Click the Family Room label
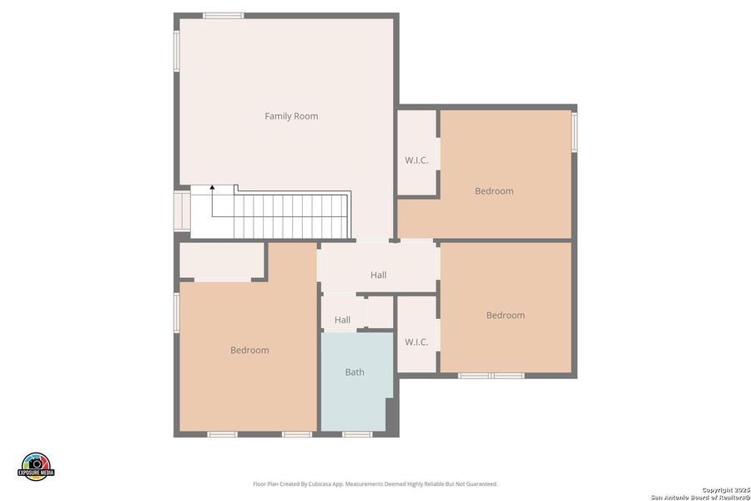(291, 116)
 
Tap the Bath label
(355, 372)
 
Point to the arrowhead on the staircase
(212, 189)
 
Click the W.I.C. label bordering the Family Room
(416, 160)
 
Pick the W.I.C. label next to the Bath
(416, 342)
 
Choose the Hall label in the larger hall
(378, 275)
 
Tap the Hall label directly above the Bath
(342, 320)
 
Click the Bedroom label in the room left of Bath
(249, 350)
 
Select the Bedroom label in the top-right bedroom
(494, 191)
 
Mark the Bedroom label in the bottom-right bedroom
(506, 315)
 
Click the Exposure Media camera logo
(36, 465)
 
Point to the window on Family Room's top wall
(224, 15)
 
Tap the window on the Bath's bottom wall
(357, 434)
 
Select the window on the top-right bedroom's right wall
(574, 132)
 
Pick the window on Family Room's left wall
(177, 50)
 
